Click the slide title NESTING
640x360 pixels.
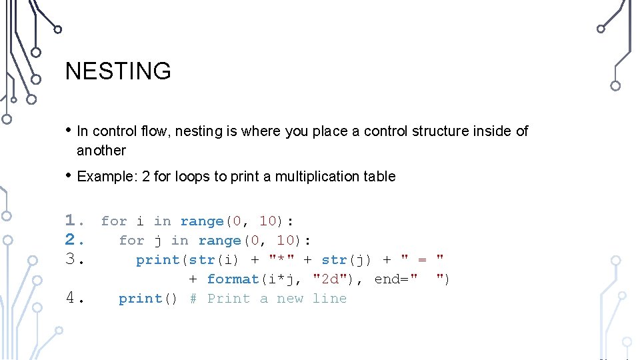[118, 71]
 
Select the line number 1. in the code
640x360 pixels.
[74, 221]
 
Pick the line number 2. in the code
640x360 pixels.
[74, 240]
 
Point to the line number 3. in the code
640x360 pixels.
[74, 259]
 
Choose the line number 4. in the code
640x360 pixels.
[74, 299]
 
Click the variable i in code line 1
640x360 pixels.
[140, 221]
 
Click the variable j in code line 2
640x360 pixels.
[158, 240]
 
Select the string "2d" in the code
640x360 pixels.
[329, 279]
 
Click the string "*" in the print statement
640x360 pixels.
[281, 259]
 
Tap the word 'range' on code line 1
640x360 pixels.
[202, 221]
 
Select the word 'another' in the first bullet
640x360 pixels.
[101, 151]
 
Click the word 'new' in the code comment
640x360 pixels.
[290, 299]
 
